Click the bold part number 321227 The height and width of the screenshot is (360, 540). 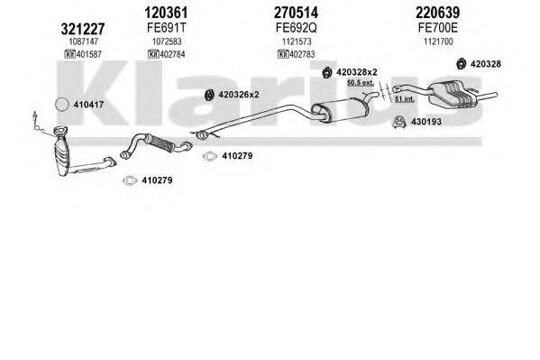83,29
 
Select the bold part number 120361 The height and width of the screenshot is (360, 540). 167,13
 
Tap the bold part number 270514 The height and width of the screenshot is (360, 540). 296,13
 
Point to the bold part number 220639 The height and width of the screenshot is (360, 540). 438,13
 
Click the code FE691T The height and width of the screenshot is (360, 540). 167,28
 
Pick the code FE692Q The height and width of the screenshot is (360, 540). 296,28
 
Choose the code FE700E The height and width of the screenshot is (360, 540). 438,28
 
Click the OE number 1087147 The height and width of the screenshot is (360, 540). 84,42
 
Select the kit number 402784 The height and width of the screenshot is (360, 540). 172,54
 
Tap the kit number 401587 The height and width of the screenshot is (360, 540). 88,54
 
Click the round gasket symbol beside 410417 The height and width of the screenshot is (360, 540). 62,105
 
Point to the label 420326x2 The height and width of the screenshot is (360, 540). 239,95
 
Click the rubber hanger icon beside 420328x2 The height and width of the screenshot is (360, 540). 327,72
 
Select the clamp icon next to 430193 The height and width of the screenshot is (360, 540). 399,122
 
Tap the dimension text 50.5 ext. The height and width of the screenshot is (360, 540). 361,83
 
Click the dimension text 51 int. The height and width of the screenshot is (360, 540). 405,99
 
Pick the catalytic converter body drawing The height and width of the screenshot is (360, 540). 63,152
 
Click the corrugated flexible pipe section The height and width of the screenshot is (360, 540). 160,143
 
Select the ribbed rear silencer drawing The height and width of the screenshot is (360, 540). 452,92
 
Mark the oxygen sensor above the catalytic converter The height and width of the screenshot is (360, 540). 36,120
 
